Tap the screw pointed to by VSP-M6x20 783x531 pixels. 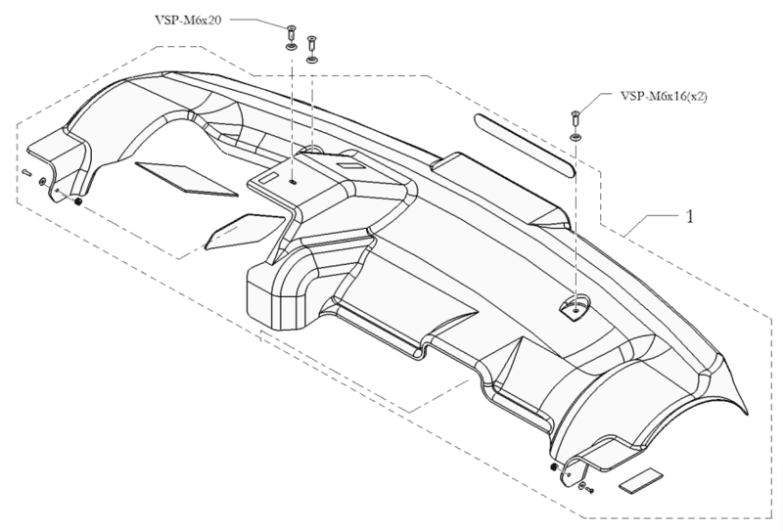[292, 36]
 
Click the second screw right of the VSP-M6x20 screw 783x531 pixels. [311, 48]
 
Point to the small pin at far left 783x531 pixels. [27, 173]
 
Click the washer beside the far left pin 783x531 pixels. [42, 181]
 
